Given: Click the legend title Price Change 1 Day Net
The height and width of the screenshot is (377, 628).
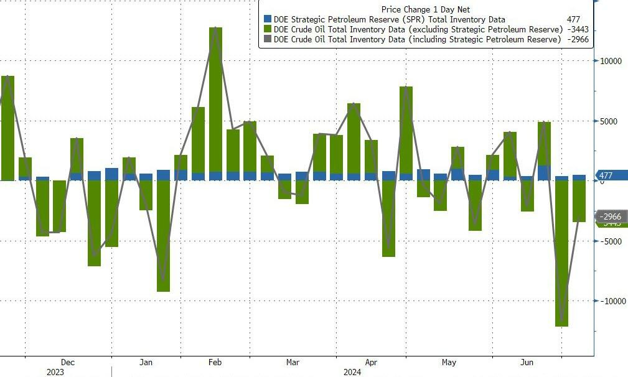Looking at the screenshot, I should [x=425, y=9].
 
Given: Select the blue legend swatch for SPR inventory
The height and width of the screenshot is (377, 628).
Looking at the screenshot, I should [x=268, y=20].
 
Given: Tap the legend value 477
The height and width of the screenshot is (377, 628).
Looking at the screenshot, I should [x=573, y=20].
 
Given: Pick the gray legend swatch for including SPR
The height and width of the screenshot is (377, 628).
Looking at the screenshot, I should [x=268, y=40].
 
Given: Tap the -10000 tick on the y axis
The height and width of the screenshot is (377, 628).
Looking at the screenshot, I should [x=613, y=301].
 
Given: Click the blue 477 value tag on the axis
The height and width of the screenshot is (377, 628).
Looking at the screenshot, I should [x=606, y=175].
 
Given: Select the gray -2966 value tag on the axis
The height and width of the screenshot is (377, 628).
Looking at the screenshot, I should [x=612, y=216].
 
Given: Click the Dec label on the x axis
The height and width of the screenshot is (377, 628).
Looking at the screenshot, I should [x=68, y=362].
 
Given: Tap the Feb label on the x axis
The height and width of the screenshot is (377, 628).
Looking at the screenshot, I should [x=215, y=362].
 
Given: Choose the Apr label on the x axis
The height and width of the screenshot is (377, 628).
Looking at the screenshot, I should [x=372, y=362].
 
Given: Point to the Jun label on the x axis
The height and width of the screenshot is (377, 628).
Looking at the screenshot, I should [x=527, y=362].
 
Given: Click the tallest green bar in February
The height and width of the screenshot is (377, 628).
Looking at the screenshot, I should [x=215, y=100].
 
